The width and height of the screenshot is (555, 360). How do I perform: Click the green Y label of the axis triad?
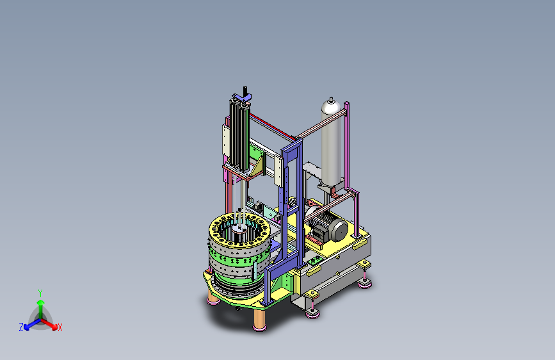(40, 293)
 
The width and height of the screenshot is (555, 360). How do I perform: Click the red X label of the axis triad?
(60, 327)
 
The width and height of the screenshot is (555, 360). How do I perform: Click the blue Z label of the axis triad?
(21, 327)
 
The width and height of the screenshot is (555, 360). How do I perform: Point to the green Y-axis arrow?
(41, 309)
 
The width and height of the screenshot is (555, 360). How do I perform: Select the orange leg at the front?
(260, 319)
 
